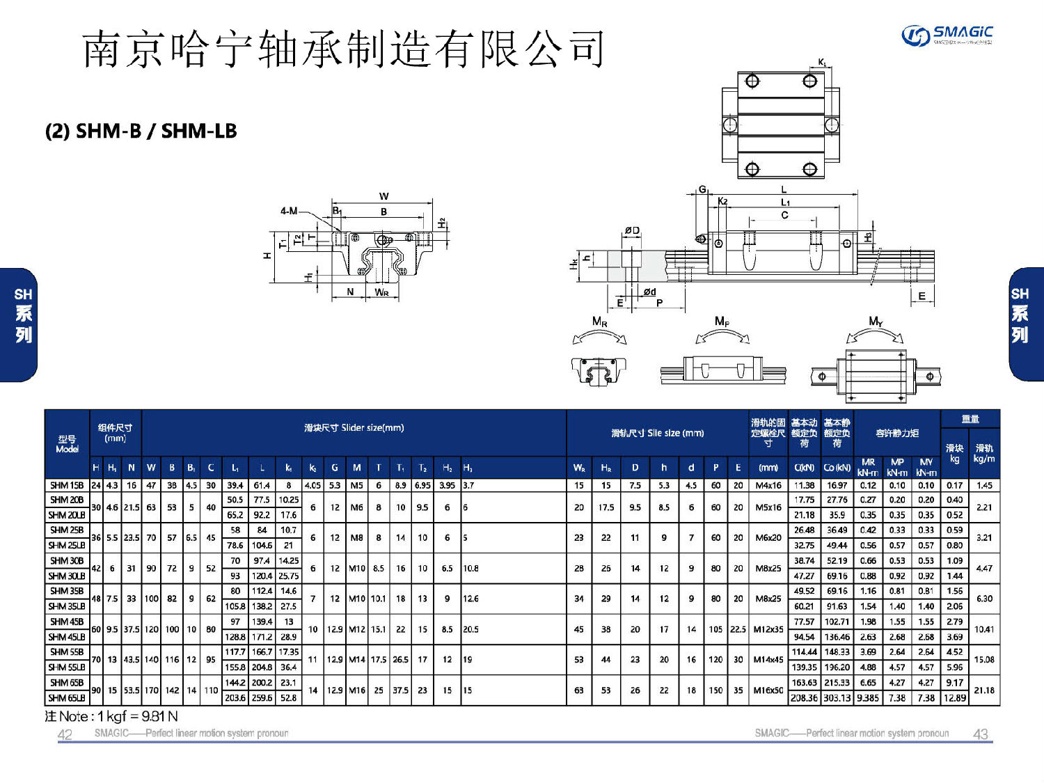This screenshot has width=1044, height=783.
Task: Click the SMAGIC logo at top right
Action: [947, 34]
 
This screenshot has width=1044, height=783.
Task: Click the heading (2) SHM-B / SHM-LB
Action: [141, 131]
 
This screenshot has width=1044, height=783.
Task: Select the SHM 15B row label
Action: [67, 485]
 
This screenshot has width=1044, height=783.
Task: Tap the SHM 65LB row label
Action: [67, 697]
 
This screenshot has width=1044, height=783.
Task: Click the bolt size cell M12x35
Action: [768, 629]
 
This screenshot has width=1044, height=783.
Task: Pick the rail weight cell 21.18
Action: [983, 690]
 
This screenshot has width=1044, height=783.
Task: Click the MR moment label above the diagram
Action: [599, 322]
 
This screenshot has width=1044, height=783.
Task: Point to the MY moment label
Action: [876, 322]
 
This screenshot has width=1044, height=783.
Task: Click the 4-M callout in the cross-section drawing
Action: [289, 210]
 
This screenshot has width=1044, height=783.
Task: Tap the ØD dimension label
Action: [631, 230]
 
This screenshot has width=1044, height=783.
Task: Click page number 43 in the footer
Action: [980, 734]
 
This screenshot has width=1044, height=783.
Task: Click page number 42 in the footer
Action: [65, 734]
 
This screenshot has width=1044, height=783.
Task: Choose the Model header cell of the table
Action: [67, 443]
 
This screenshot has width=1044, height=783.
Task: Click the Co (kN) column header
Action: [837, 468]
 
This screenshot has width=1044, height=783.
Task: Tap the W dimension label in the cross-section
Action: [383, 196]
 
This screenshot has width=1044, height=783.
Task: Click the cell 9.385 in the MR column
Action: [867, 697]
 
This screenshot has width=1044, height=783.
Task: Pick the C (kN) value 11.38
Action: [804, 485]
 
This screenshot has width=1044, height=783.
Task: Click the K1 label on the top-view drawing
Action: [823, 63]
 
